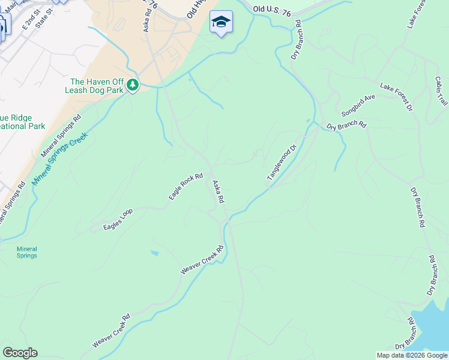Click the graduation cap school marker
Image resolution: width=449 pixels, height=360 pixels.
221,22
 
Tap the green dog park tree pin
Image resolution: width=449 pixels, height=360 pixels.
133,86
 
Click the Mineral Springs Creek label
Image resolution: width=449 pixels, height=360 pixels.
60,158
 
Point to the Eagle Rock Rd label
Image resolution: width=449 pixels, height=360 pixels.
186,187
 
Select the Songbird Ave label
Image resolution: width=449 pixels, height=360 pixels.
357,106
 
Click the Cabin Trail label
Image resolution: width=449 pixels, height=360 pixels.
441,91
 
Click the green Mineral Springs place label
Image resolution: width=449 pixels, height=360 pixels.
26,252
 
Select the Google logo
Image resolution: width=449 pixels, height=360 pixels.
20,353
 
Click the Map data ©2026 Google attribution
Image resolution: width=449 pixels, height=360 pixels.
412,355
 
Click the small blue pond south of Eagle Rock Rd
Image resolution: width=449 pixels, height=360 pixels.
154,253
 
